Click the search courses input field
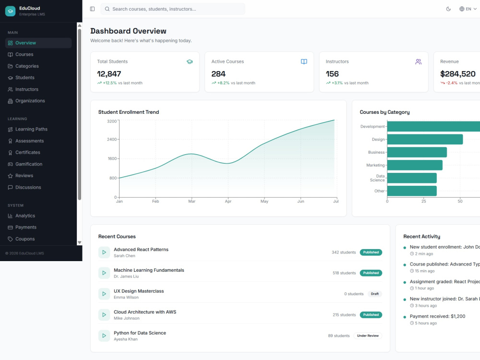click(173, 9)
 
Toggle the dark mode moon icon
click(448, 9)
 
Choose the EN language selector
click(468, 9)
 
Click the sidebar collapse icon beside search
click(93, 9)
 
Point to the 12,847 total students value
click(109, 74)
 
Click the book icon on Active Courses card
click(304, 61)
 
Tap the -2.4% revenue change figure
click(452, 83)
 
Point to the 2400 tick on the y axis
click(112, 139)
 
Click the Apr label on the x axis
click(228, 201)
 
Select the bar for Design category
click(425, 139)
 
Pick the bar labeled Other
click(412, 191)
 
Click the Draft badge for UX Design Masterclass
click(375, 294)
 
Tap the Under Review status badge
click(368, 336)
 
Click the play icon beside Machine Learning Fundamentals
click(104, 273)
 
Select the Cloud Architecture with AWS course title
click(145, 312)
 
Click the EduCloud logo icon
click(11, 11)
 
